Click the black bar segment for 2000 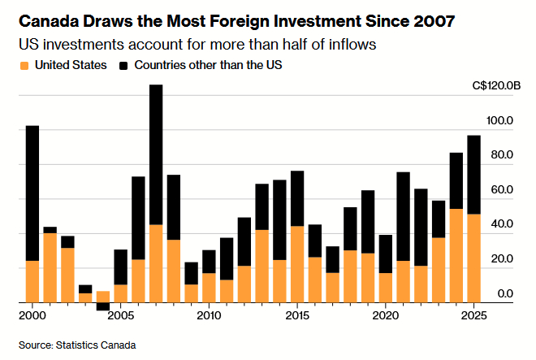click(x=32, y=193)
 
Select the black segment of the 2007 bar click(x=156, y=154)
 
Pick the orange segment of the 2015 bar click(x=297, y=264)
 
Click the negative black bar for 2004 click(x=103, y=306)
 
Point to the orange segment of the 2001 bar click(x=50, y=267)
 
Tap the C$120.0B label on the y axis click(x=494, y=85)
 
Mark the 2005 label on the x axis click(x=120, y=314)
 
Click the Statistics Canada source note click(x=77, y=345)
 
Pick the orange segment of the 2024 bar click(x=456, y=255)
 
